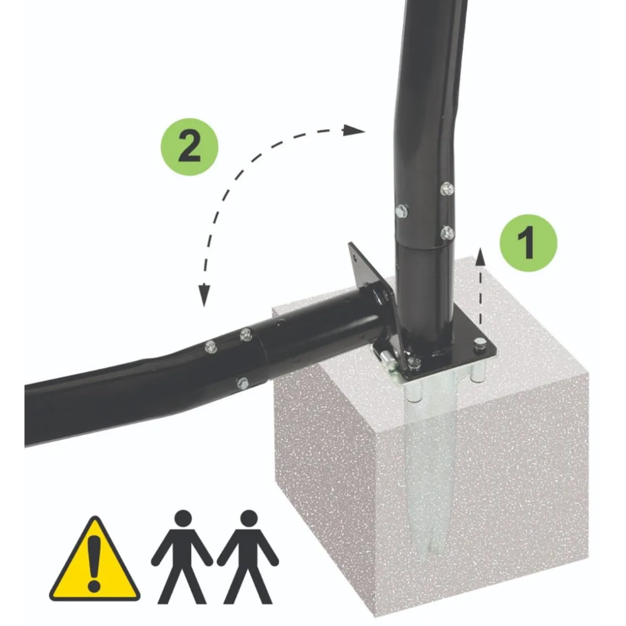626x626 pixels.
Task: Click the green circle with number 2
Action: (x=189, y=146)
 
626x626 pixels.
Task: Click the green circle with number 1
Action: (x=528, y=243)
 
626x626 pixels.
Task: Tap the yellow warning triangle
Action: (x=94, y=559)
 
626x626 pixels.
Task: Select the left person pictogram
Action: (x=182, y=556)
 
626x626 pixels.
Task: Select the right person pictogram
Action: (x=248, y=556)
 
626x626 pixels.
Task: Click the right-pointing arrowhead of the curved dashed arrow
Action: (x=354, y=130)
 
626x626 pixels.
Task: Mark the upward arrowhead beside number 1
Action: (x=480, y=257)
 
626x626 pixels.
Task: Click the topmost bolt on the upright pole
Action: (x=447, y=188)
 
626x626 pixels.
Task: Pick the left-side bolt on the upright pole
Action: (x=402, y=211)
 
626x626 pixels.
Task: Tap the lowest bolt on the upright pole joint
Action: (x=447, y=233)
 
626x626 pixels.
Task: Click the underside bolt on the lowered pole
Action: (x=243, y=383)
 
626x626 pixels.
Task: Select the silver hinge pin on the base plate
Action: (x=387, y=357)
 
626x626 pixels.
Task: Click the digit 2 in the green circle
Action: (x=189, y=146)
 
